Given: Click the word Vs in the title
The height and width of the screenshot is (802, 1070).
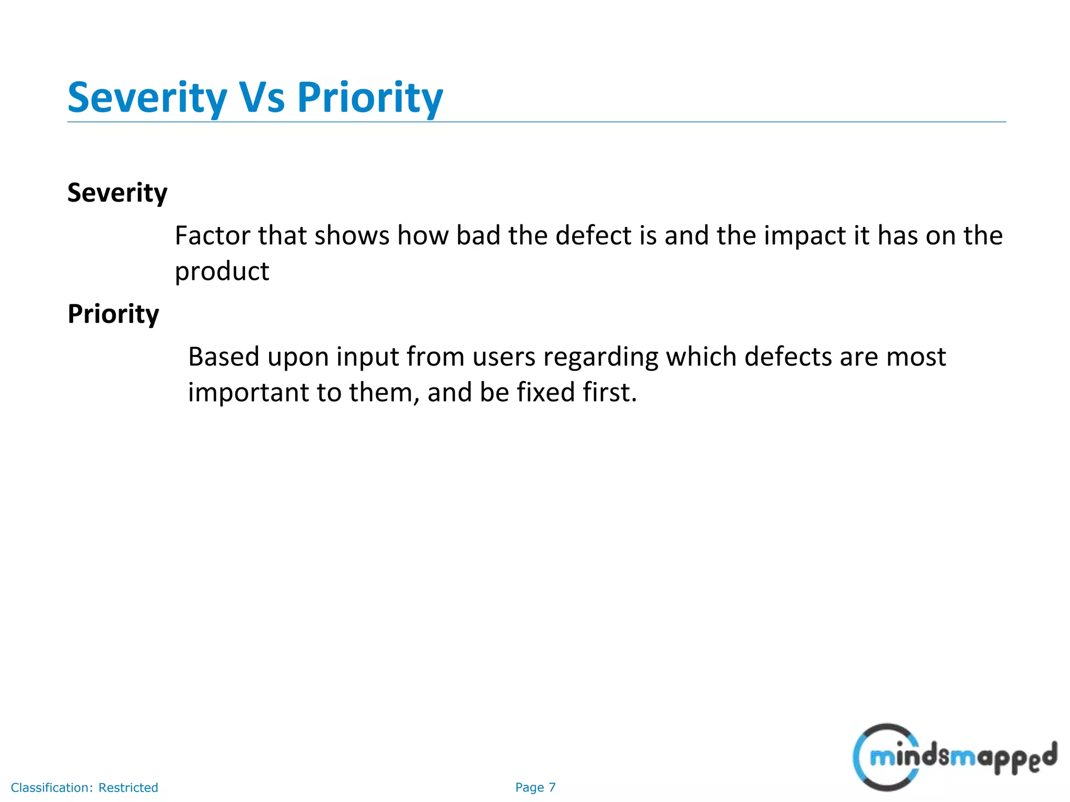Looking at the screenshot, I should tap(262, 98).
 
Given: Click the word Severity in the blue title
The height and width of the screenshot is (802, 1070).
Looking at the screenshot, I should tap(147, 98).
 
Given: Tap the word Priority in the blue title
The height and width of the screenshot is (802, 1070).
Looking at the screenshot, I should tap(370, 98).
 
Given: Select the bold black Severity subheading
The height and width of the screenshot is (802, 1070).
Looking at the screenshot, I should tap(118, 193).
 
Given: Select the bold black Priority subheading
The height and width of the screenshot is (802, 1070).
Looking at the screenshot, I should tap(113, 314).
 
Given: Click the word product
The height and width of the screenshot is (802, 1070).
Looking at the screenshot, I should tap(222, 272).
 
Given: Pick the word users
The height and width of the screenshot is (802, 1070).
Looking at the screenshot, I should tap(504, 357).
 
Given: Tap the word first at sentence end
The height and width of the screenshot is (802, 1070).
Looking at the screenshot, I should tap(609, 392).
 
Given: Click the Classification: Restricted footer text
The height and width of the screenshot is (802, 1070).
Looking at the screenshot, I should tap(84, 787).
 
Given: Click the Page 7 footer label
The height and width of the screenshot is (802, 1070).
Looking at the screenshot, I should tap(535, 787).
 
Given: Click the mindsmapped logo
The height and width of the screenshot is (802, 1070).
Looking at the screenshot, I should tap(954, 757).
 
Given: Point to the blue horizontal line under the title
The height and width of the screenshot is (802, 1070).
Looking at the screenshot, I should tap(536, 122).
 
